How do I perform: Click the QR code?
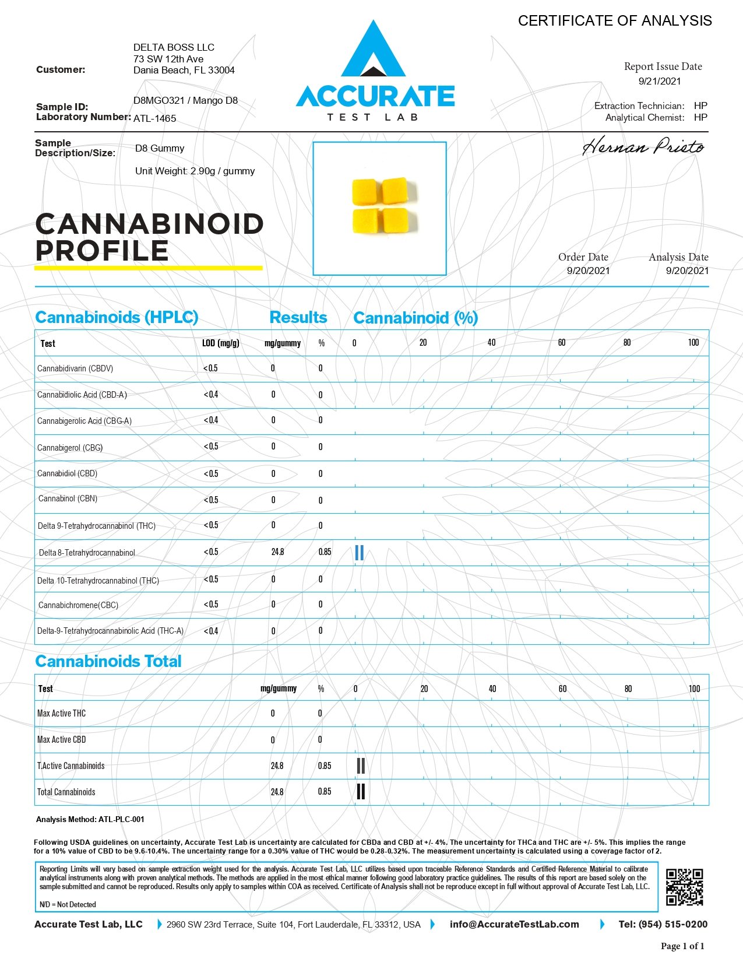684,887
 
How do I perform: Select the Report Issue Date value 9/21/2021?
660,81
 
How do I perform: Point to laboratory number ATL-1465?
154,118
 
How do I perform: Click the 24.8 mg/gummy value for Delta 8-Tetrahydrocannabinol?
277,552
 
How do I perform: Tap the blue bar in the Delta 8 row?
359,553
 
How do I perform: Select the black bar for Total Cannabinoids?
361,792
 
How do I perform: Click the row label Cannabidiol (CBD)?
67,473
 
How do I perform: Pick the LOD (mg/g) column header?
220,343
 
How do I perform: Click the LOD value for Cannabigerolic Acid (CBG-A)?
210,420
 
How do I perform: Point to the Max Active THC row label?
61,713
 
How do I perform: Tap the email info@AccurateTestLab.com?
514,924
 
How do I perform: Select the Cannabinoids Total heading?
108,661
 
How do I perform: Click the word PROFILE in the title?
102,251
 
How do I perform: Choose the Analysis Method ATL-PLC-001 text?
90,819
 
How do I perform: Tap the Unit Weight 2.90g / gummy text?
195,171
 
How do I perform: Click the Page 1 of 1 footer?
682,946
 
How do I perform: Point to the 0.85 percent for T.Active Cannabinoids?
325,766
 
